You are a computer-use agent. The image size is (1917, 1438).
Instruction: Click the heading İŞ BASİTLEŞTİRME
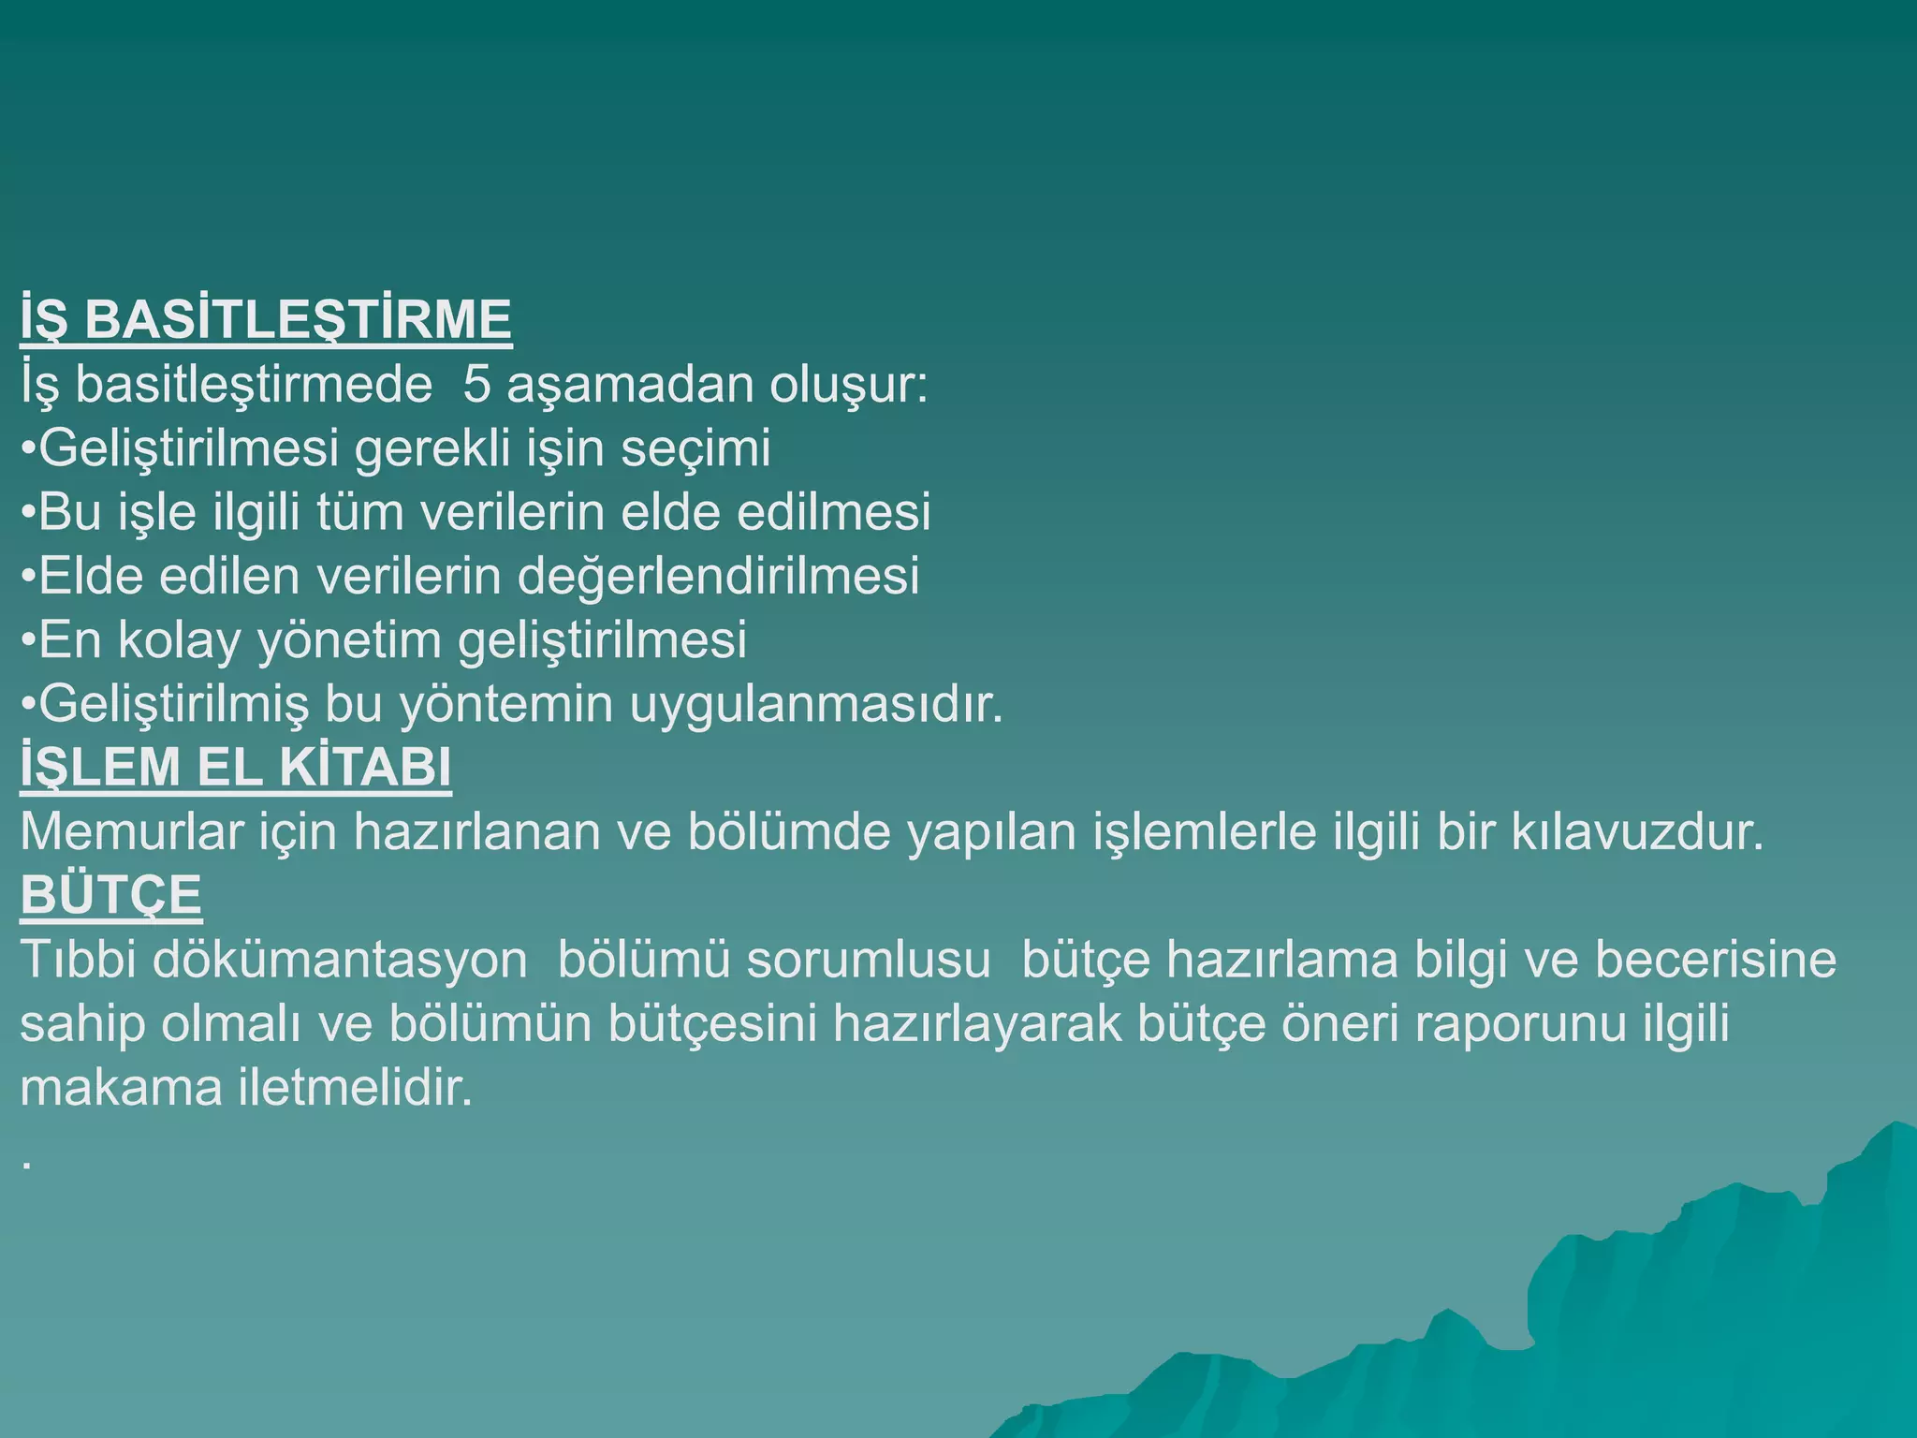[266, 319]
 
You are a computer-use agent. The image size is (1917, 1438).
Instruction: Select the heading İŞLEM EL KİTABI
[236, 767]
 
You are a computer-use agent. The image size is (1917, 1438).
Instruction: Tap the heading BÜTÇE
[110, 895]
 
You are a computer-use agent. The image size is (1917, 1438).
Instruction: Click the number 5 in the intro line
[476, 385]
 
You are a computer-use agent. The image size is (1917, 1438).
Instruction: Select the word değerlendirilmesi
[718, 576]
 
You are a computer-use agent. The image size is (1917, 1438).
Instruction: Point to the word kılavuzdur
[1638, 831]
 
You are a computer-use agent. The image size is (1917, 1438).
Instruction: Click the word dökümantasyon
[340, 960]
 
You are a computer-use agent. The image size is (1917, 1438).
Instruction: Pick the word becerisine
[1716, 960]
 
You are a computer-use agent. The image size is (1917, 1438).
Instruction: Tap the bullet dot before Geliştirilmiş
[28, 705]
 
